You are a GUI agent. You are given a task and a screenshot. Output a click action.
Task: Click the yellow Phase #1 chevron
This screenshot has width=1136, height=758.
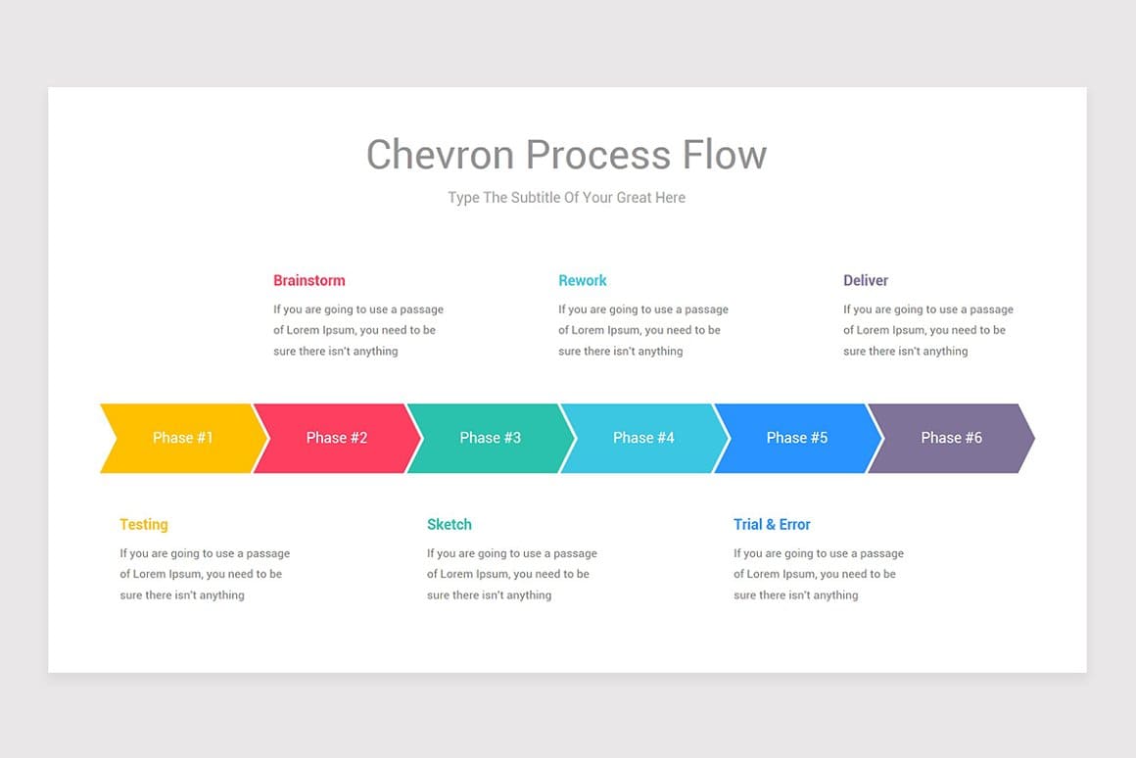183,438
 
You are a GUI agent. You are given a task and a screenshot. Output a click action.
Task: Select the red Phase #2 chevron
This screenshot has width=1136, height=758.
337,438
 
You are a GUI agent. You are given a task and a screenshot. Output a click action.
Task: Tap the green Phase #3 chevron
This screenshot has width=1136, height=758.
491,438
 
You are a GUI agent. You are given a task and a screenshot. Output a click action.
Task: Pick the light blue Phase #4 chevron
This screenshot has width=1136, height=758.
643,438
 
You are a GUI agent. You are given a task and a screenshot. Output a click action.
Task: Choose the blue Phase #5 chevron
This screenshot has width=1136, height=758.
797,438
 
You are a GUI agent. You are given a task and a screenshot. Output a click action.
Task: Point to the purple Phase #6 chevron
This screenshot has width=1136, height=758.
951,438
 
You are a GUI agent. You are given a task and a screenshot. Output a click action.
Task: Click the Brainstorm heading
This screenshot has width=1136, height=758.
309,281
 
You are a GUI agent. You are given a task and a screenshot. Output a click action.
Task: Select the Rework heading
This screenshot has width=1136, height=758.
583,281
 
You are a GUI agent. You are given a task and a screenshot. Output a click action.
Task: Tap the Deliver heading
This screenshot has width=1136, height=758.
866,281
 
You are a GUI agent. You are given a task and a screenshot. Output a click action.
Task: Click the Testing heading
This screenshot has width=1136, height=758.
144,525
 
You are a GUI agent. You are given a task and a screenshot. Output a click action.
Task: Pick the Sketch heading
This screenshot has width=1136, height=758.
450,525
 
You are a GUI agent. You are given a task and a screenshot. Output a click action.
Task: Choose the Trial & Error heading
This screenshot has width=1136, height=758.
772,525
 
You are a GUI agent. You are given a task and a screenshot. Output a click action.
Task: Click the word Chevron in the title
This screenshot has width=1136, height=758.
441,155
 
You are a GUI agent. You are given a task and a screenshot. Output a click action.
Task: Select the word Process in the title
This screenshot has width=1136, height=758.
598,155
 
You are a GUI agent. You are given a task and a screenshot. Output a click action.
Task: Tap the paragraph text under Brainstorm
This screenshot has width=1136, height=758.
358,330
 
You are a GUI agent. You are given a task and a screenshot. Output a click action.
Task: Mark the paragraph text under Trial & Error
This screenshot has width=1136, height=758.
818,574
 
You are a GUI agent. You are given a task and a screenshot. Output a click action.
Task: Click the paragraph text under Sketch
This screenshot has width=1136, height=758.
511,574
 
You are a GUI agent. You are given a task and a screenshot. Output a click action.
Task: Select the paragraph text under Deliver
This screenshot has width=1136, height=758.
927,330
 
